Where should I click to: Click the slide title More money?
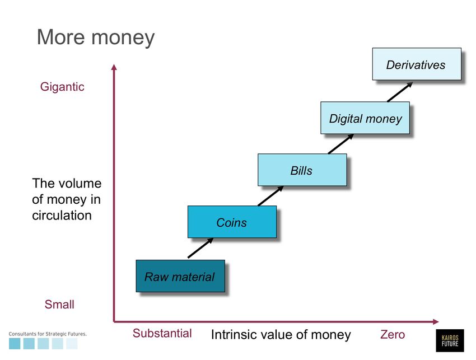[96, 38]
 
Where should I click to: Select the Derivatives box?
[417, 64]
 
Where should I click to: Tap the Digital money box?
[365, 118]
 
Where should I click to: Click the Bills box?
[302, 170]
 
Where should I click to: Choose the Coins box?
[232, 222]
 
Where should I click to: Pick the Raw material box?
[180, 276]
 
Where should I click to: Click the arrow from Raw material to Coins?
[200, 248]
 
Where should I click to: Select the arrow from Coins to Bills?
[270, 196]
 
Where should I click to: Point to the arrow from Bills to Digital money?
[340, 144]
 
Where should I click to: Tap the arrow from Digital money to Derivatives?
[400, 92]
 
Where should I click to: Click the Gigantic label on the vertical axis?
[62, 87]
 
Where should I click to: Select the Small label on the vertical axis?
[59, 304]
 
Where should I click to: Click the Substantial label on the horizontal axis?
[162, 333]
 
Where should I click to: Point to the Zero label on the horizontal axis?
[393, 334]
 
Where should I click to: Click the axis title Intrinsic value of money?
[281, 334]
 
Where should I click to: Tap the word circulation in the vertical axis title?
[62, 215]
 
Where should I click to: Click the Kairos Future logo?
[450, 340]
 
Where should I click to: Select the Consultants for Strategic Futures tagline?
[48, 334]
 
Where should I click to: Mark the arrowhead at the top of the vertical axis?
[114, 67]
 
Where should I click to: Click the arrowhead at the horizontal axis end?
[436, 321]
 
